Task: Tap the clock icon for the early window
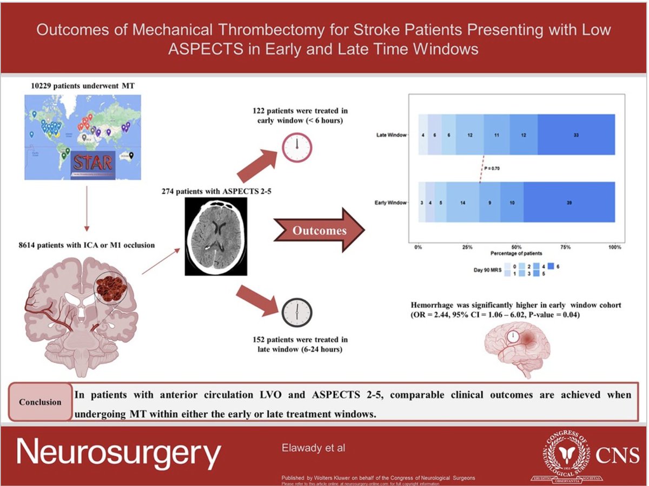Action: (x=297, y=146)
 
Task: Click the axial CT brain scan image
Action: (x=216, y=237)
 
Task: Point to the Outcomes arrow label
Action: (x=320, y=231)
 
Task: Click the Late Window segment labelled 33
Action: (x=576, y=135)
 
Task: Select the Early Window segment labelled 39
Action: (x=569, y=202)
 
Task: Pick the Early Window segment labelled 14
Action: (x=463, y=202)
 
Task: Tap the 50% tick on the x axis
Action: (x=516, y=247)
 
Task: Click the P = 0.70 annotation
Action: (x=492, y=168)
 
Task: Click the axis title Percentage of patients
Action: (x=516, y=253)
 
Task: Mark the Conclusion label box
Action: (x=40, y=402)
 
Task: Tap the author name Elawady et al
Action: (x=313, y=448)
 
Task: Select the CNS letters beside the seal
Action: (x=618, y=455)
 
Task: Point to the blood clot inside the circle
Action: (x=110, y=286)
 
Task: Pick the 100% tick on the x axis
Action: (x=615, y=247)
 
